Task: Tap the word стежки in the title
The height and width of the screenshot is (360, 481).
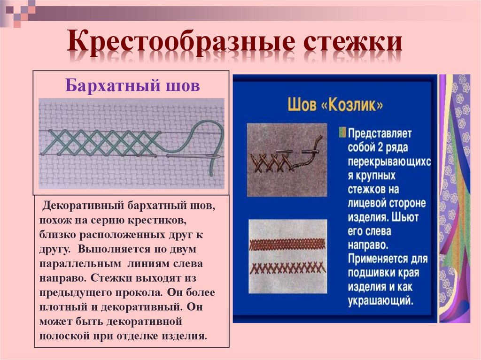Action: pyautogui.click(x=353, y=42)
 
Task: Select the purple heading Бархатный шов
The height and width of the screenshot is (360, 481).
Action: pyautogui.click(x=132, y=85)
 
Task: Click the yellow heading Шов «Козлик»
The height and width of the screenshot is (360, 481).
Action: pyautogui.click(x=335, y=105)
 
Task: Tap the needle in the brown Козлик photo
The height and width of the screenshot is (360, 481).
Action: pyautogui.click(x=297, y=151)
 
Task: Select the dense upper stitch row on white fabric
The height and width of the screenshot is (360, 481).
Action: pyautogui.click(x=287, y=245)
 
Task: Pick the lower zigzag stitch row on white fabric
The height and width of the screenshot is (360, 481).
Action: pyautogui.click(x=287, y=268)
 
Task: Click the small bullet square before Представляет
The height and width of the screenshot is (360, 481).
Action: pyautogui.click(x=342, y=132)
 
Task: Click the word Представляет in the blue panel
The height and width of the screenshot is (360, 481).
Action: pyautogui.click(x=380, y=134)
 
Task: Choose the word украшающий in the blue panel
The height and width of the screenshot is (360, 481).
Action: pyautogui.click(x=380, y=300)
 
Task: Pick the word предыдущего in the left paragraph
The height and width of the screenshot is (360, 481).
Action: pyautogui.click(x=76, y=293)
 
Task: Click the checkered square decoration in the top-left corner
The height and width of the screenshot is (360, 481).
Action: pyautogui.click(x=19, y=12)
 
